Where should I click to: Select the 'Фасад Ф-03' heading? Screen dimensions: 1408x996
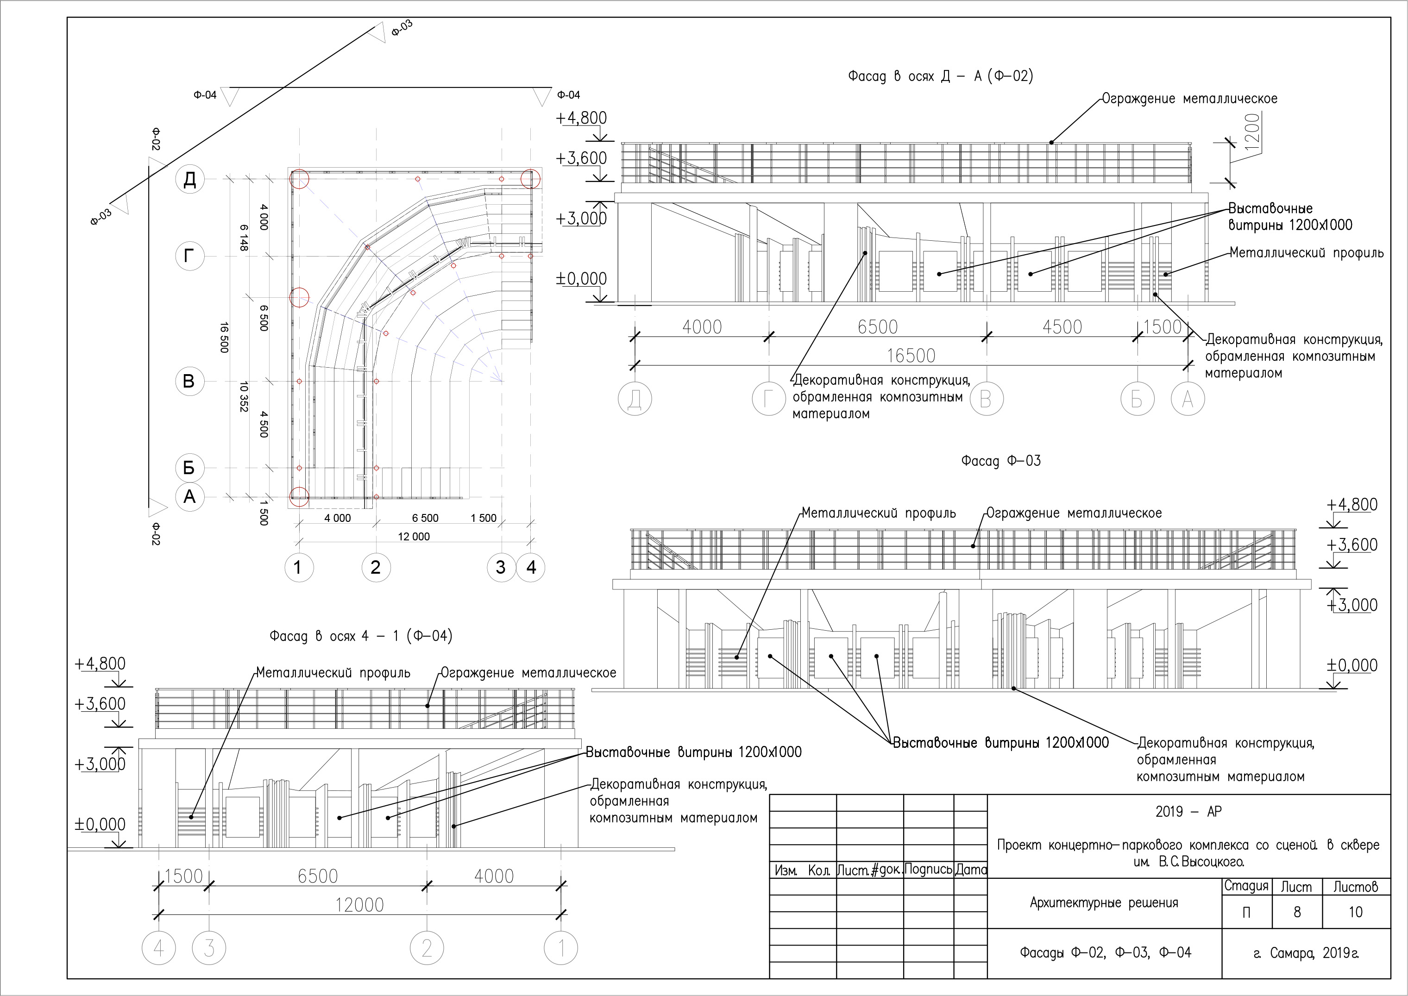click(x=1000, y=461)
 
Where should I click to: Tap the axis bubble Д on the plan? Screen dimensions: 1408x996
click(x=189, y=179)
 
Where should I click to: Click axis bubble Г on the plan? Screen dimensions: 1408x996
click(x=189, y=256)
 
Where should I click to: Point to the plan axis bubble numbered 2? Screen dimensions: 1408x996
click(x=376, y=567)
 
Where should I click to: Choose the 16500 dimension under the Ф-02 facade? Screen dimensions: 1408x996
click(x=911, y=356)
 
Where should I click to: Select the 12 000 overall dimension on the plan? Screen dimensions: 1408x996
click(x=414, y=537)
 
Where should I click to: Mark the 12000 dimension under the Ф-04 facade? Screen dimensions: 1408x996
click(x=359, y=905)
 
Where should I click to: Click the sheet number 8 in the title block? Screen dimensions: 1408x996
click(x=1297, y=912)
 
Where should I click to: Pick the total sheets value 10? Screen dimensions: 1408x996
click(x=1355, y=912)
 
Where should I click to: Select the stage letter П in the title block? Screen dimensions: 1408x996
click(x=1246, y=913)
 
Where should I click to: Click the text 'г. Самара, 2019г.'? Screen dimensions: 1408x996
click(x=1306, y=953)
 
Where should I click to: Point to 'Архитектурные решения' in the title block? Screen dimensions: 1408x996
click(x=1104, y=903)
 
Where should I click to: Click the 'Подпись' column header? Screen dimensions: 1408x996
click(x=928, y=870)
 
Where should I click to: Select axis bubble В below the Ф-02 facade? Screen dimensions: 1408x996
click(x=986, y=399)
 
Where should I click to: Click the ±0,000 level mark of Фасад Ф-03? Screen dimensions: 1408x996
click(x=1352, y=665)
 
